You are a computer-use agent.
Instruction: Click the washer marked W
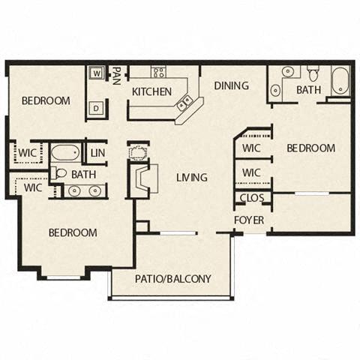click(x=97, y=73)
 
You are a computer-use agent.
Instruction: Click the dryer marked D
click(x=97, y=108)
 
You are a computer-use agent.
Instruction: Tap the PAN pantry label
click(x=117, y=75)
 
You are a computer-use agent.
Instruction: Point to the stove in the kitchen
click(x=159, y=73)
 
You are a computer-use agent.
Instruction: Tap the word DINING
click(x=231, y=85)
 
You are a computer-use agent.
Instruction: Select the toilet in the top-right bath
click(x=313, y=73)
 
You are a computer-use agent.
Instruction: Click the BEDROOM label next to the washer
click(x=45, y=101)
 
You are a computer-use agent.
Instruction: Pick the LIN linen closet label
click(x=97, y=153)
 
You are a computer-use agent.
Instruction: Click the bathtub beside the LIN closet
click(x=65, y=154)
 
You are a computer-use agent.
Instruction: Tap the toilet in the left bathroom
click(x=61, y=173)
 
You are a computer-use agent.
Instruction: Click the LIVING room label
click(x=192, y=177)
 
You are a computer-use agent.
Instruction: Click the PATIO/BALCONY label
click(x=172, y=279)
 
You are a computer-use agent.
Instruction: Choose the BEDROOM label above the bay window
click(x=73, y=232)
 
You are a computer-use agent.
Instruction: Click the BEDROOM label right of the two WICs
click(x=311, y=148)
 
